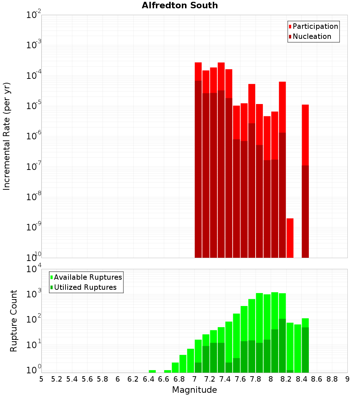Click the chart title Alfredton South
click(x=180, y=5)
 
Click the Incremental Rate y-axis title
click(x=7, y=136)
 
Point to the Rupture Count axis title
click(x=14, y=321)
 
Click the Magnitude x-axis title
click(x=194, y=390)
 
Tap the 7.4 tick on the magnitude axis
click(x=225, y=379)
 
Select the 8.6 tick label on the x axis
click(x=317, y=379)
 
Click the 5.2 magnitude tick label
click(x=57, y=379)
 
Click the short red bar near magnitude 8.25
click(x=290, y=238)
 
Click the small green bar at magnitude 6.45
click(x=152, y=371)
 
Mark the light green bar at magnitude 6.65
click(x=167, y=371)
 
